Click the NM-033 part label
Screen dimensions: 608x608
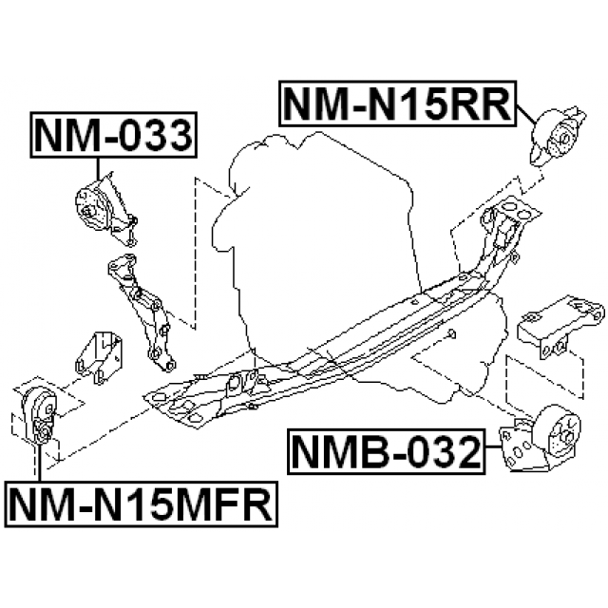click(114, 135)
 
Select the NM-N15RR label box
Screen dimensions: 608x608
click(397, 104)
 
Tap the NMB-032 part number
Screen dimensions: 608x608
click(387, 452)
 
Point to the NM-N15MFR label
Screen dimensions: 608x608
click(142, 504)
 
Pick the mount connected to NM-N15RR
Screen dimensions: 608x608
click(558, 136)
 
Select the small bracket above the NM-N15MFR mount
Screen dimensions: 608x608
click(98, 357)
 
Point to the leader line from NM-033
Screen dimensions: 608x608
click(97, 169)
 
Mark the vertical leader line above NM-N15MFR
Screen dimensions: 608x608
click(40, 463)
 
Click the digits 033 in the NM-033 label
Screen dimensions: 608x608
click(155, 135)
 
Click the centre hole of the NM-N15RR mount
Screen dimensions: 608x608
click(565, 139)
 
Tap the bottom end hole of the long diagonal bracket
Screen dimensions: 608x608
click(169, 365)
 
